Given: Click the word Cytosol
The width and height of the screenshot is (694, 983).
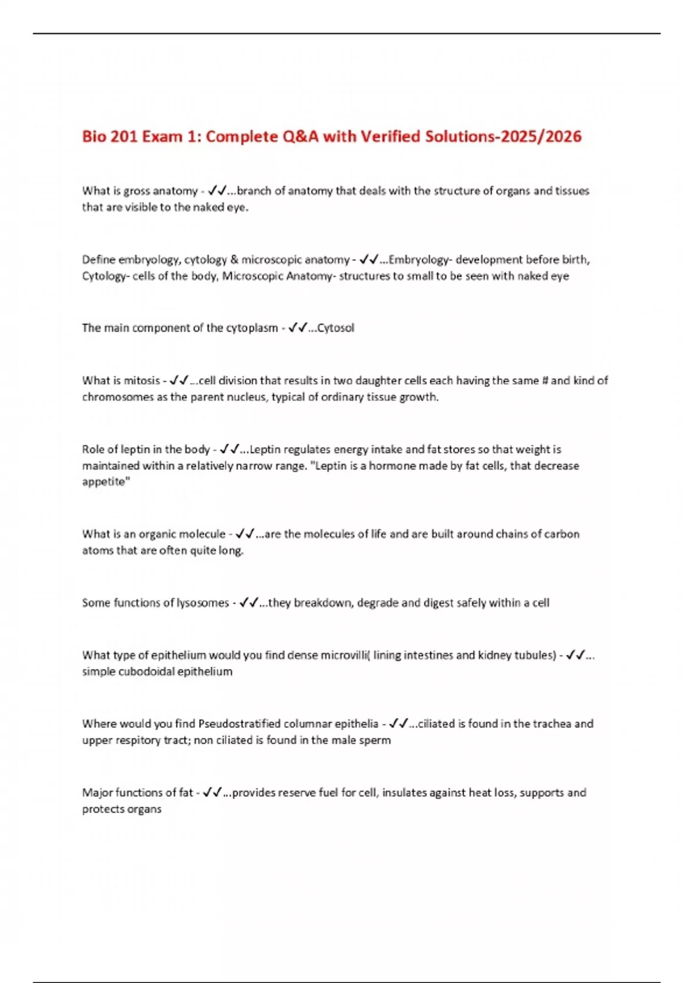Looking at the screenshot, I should [336, 328].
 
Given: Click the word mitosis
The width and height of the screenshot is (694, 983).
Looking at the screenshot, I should [142, 380].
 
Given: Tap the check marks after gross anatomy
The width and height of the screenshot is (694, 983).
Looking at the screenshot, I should [217, 191].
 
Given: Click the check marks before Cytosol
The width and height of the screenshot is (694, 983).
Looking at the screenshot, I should [297, 328].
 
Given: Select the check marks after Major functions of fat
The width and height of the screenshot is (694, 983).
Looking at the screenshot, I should [212, 792].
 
